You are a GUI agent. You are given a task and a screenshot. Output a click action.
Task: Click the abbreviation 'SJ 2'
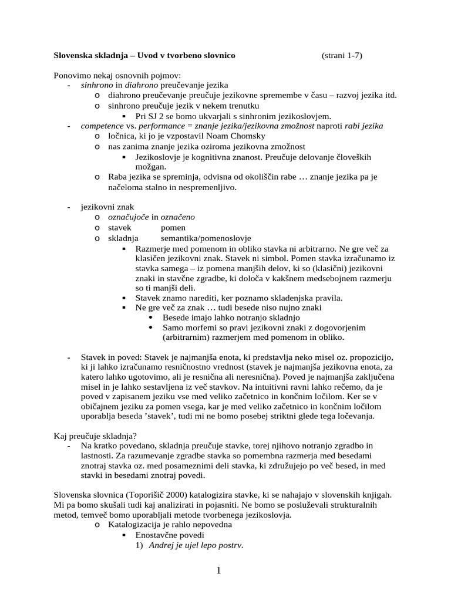tap(157, 116)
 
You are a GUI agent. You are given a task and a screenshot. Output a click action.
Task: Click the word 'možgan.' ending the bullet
tap(151, 167)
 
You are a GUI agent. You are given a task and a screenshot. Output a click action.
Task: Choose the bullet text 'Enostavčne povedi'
tap(170, 535)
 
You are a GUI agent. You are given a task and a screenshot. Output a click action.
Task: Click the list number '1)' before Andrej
tap(139, 545)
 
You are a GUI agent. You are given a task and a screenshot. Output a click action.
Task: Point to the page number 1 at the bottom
tap(218, 570)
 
